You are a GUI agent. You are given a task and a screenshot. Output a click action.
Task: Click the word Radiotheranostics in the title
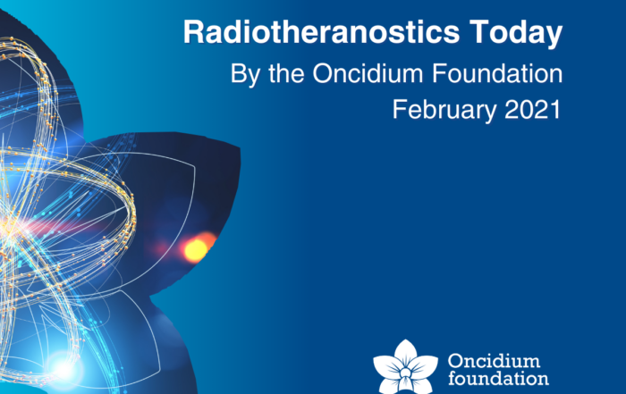321,31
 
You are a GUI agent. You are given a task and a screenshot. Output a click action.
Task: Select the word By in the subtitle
246,74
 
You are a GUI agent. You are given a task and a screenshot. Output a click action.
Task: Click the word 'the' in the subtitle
286,73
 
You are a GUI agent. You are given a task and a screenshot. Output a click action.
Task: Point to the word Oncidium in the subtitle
368,73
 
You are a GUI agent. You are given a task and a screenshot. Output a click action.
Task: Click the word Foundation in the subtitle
497,73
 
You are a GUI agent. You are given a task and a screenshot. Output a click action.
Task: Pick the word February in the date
444,111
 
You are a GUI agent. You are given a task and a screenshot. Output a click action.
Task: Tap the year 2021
533,109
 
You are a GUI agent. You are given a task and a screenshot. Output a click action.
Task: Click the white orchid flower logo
405,368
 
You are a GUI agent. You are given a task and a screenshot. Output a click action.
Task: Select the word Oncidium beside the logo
494,361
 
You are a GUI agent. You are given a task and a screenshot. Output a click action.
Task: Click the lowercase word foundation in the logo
498,378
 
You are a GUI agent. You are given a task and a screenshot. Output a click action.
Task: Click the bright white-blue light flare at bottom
63,369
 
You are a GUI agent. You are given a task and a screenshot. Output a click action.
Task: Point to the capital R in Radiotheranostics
194,32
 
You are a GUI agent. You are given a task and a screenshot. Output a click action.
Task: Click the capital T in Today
479,32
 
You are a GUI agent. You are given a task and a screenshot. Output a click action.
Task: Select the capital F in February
399,109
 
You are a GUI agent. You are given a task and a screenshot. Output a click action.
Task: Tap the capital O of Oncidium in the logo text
455,361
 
